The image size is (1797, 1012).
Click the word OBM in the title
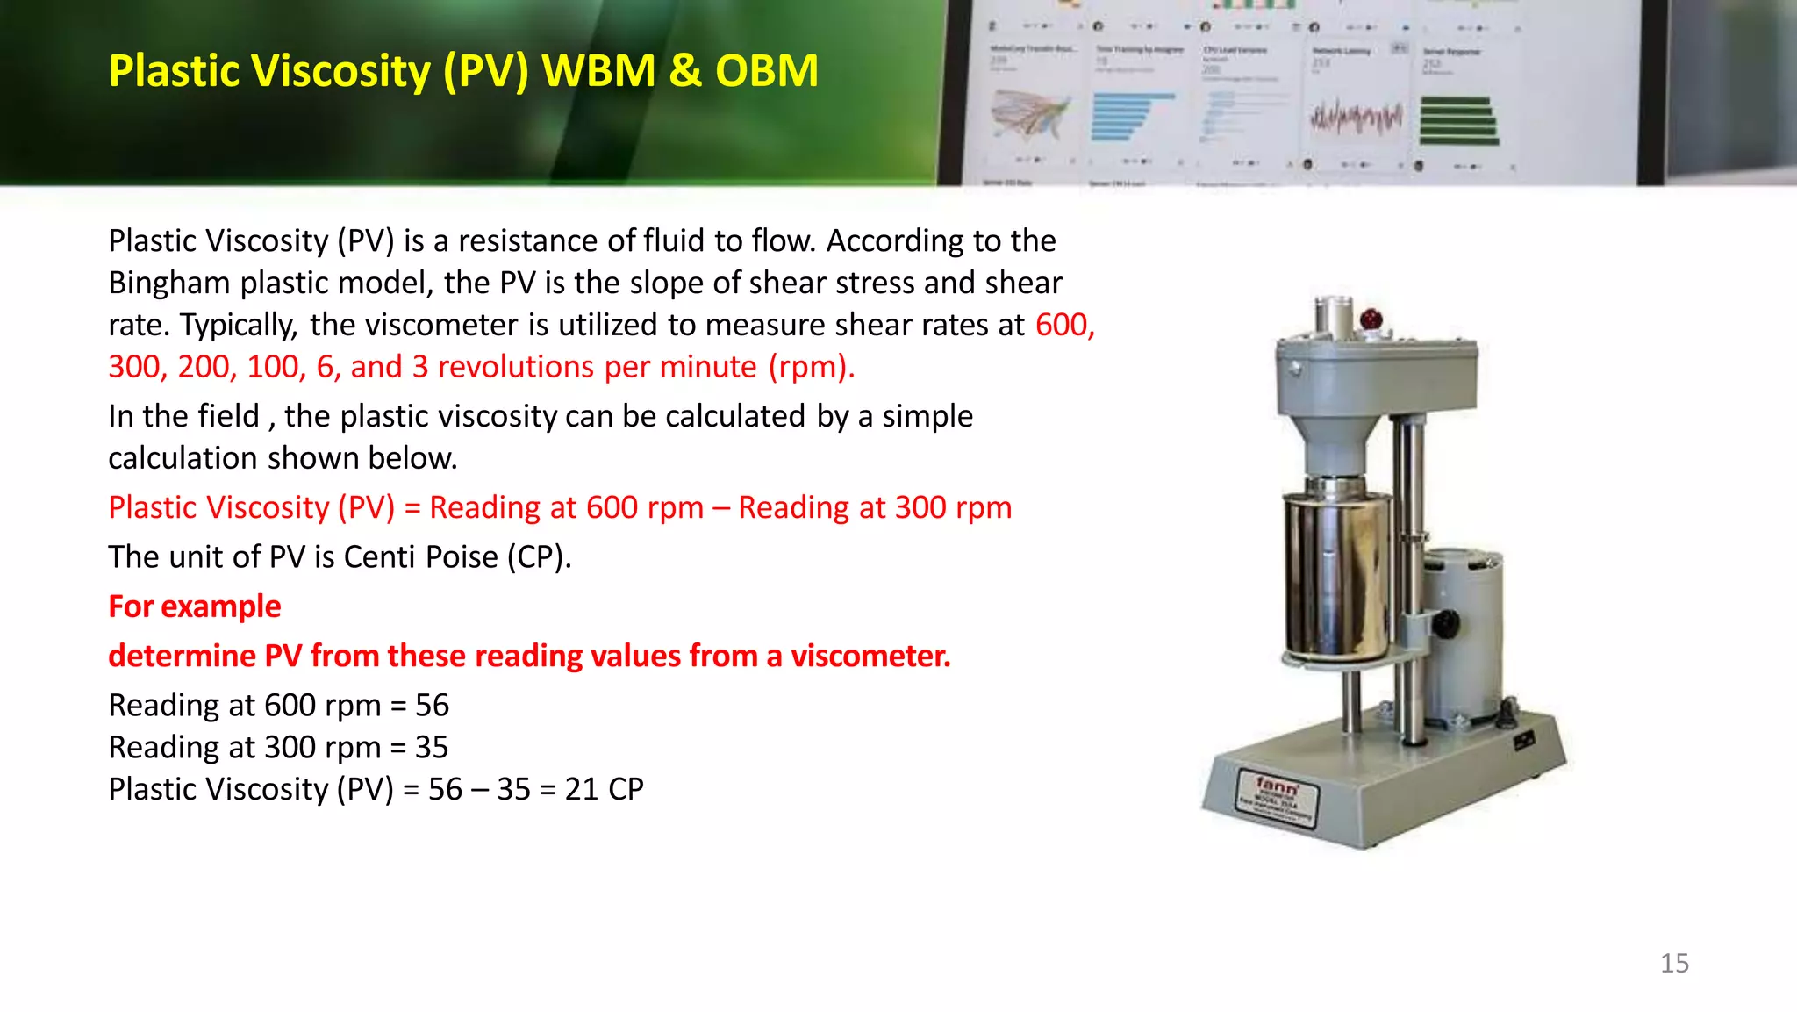(x=766, y=71)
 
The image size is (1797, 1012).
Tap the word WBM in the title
(x=598, y=71)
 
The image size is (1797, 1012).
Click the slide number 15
(x=1674, y=963)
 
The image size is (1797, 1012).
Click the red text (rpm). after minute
(x=811, y=367)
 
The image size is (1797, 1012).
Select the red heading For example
(x=194, y=606)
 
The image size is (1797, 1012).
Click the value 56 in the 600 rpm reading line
(x=432, y=706)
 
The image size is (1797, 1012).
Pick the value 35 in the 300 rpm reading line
(x=431, y=748)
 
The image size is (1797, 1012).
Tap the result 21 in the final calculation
(x=581, y=790)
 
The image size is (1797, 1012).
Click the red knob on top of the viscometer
(x=1371, y=318)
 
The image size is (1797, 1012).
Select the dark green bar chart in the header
(x=1457, y=120)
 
